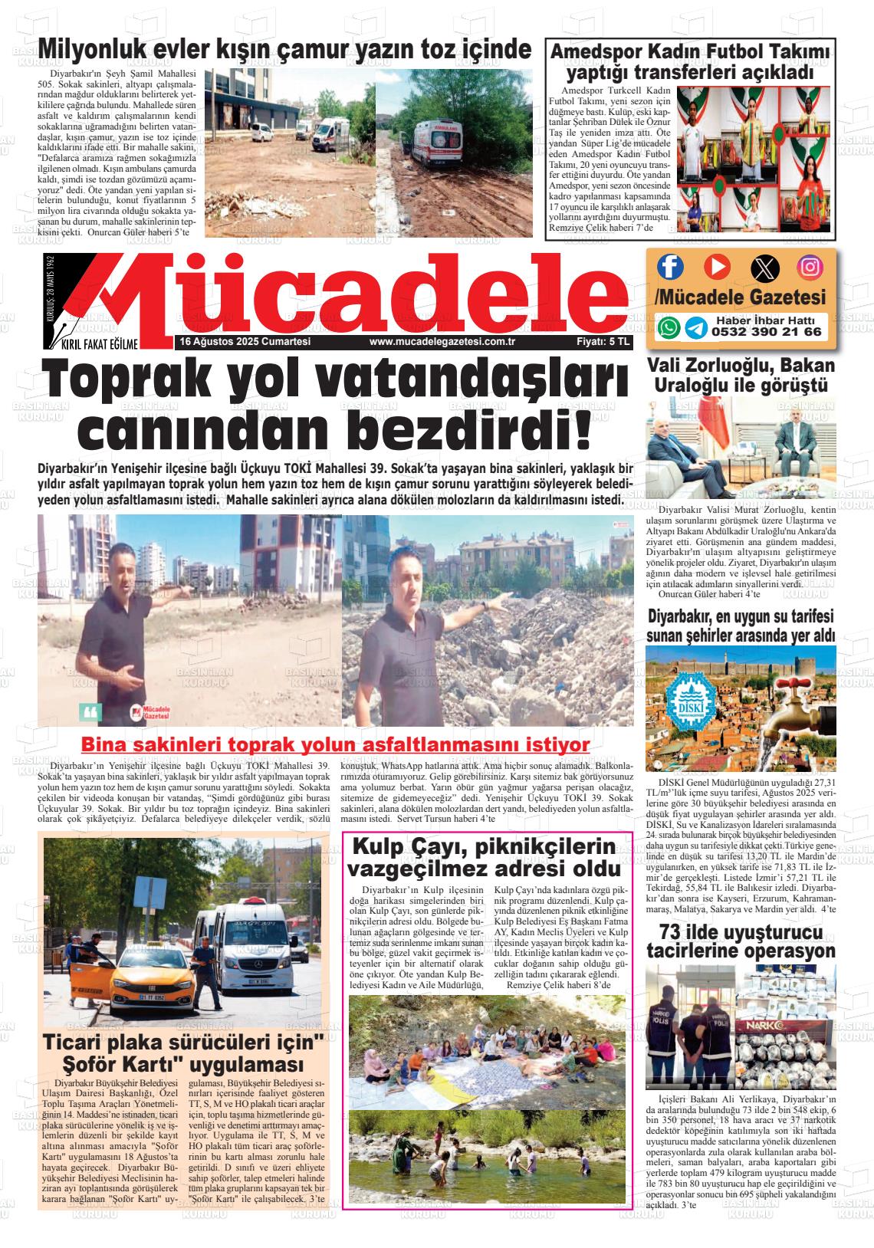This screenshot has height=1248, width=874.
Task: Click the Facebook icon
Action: tap(671, 267)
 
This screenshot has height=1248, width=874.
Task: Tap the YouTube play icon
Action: tap(717, 267)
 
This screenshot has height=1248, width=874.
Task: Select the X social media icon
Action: tap(764, 268)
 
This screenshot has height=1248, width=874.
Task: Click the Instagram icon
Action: tap(810, 267)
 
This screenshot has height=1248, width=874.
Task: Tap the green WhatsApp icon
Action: tap(669, 328)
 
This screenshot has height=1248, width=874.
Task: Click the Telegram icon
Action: tap(696, 328)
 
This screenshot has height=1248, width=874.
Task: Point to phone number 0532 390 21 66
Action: tap(766, 333)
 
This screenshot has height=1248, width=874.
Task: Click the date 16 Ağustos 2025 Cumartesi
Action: tap(245, 342)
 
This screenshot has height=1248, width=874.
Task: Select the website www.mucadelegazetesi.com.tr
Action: tap(441, 342)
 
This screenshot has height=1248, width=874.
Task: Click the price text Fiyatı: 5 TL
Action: tap(603, 342)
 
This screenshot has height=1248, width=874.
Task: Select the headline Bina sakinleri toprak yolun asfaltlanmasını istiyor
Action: tap(335, 744)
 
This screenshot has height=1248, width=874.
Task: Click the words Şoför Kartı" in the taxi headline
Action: tap(123, 1065)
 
